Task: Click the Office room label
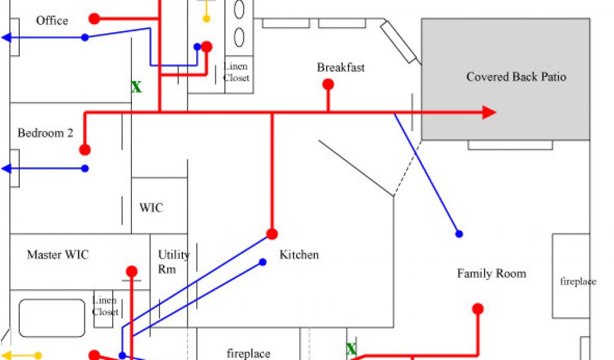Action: click(52, 21)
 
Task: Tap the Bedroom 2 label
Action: click(45, 133)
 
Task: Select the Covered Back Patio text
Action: click(516, 77)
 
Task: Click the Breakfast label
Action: click(341, 68)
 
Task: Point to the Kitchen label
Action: click(299, 255)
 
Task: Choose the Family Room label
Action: click(491, 274)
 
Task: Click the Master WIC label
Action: click(58, 255)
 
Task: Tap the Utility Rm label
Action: click(173, 262)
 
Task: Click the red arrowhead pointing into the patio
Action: click(489, 112)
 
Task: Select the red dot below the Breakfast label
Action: click(328, 85)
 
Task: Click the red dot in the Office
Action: click(94, 19)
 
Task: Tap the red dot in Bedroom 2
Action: click(85, 149)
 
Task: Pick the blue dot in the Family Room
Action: click(459, 233)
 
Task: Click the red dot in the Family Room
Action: click(478, 309)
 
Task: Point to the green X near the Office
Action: click(137, 88)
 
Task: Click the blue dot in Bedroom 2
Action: click(85, 169)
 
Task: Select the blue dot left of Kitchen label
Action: click(262, 262)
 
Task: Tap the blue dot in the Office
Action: click(85, 37)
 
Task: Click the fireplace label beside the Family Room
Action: click(578, 281)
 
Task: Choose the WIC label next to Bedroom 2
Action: click(151, 208)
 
